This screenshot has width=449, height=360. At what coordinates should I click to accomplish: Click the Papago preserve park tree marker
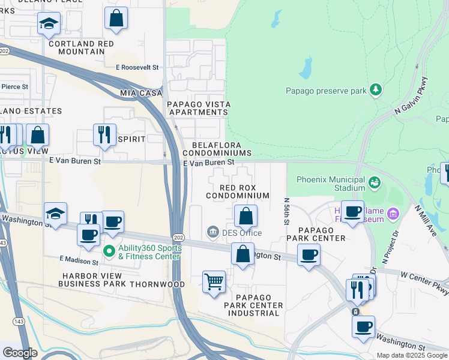click(376, 90)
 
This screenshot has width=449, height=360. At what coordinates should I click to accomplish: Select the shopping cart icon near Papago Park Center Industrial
click(214, 281)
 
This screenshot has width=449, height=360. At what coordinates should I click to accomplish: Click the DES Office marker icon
click(212, 232)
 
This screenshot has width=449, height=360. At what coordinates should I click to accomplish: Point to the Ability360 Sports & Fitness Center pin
click(109, 251)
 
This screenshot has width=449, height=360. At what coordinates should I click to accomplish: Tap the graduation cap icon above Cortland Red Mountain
click(49, 23)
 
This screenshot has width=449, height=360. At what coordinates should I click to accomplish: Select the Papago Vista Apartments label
click(198, 108)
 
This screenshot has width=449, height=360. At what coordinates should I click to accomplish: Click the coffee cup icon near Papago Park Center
click(309, 254)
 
